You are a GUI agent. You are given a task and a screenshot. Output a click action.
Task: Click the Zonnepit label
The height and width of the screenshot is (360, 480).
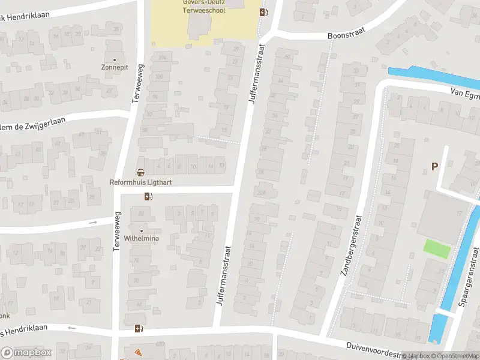[x=114, y=68]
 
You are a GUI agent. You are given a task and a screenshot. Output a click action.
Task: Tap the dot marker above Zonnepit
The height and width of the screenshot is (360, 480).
[x=114, y=59]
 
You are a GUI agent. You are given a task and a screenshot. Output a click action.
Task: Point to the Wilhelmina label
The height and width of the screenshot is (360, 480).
[x=142, y=238]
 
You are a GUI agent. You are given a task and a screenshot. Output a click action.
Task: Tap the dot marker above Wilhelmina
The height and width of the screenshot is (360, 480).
[x=142, y=230]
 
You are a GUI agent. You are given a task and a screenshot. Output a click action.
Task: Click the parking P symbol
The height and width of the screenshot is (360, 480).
[x=434, y=167]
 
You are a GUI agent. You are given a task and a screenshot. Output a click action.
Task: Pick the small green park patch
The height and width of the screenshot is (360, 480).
[x=436, y=248]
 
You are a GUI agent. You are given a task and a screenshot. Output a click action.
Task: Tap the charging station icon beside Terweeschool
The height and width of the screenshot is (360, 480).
[x=263, y=12]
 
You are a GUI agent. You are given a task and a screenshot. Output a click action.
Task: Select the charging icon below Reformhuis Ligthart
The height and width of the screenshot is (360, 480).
[x=148, y=196]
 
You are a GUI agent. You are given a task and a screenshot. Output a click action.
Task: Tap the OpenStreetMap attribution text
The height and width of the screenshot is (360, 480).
[x=455, y=356]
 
